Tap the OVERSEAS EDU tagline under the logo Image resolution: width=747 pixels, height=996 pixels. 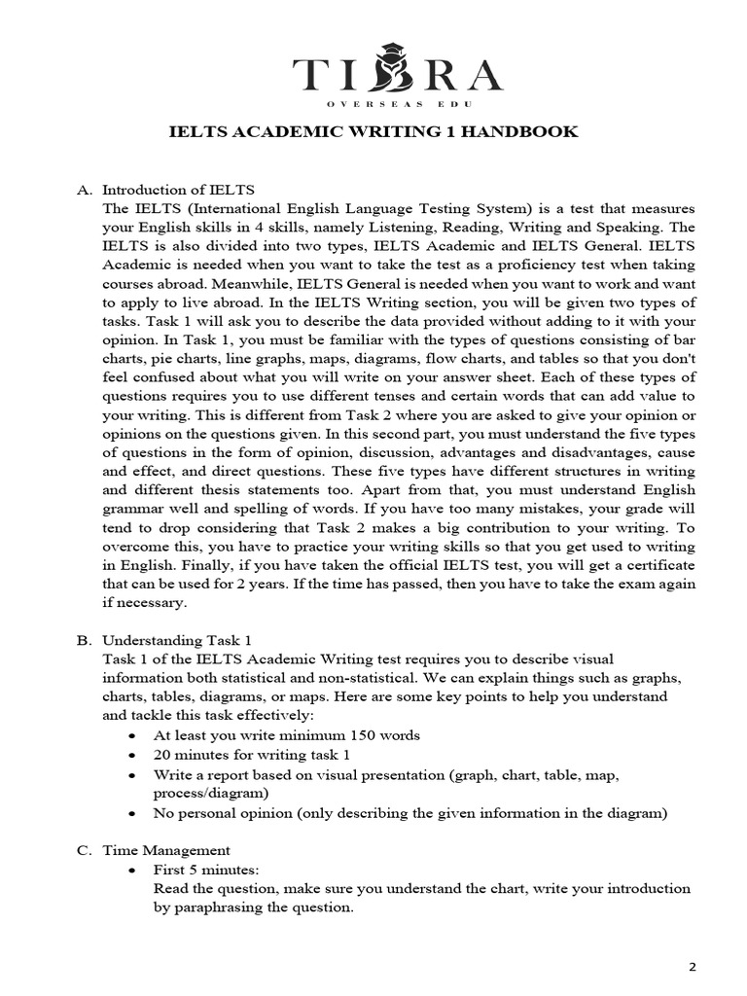click(x=373, y=101)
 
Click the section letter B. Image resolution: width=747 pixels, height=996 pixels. click(x=83, y=640)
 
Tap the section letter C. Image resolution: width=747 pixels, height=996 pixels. click(x=83, y=849)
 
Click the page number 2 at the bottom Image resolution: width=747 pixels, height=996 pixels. click(x=693, y=967)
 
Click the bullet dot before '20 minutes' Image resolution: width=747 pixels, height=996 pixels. click(x=130, y=755)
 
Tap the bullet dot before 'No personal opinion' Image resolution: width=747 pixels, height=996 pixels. click(x=130, y=813)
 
